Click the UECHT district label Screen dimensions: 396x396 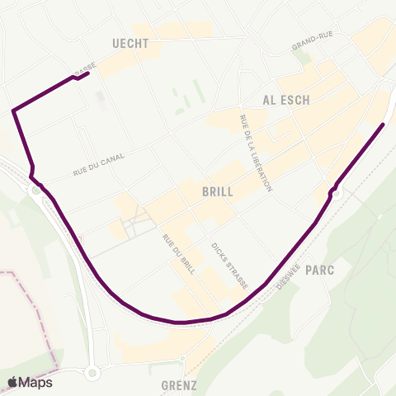pos(130,44)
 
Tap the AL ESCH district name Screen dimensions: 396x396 pos(286,100)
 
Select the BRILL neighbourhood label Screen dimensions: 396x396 pos(218,191)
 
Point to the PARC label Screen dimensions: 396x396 pos(318,270)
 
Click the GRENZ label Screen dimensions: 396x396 pos(181,384)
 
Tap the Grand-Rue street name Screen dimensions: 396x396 pos(311,43)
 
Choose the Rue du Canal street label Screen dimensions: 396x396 pos(98,165)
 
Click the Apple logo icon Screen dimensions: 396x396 pos(13,382)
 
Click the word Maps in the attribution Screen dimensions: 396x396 pos(36,382)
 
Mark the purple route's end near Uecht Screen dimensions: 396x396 pos(87,74)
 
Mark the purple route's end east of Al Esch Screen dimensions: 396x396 pos(383,125)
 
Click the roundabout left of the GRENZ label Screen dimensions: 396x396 pos(92,374)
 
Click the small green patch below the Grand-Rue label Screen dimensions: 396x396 pos(305,59)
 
